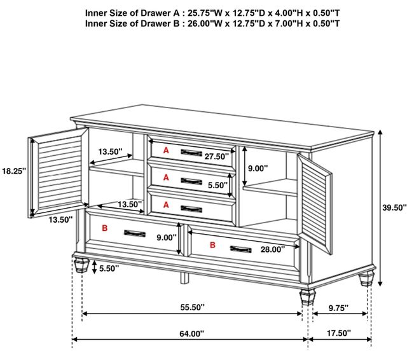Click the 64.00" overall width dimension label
192,333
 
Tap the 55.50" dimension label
193,307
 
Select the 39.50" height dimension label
394,207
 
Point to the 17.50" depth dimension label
339,333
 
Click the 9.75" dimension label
338,308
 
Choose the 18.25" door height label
14,171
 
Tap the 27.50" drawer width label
217,156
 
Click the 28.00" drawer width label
273,249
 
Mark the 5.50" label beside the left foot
109,268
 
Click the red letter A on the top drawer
166,150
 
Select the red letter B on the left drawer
104,228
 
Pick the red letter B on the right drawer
212,245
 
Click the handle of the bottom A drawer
191,209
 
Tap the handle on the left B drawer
135,233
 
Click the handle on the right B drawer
240,249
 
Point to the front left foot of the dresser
81,265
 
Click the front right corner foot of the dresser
308,298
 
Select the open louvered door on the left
58,172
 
